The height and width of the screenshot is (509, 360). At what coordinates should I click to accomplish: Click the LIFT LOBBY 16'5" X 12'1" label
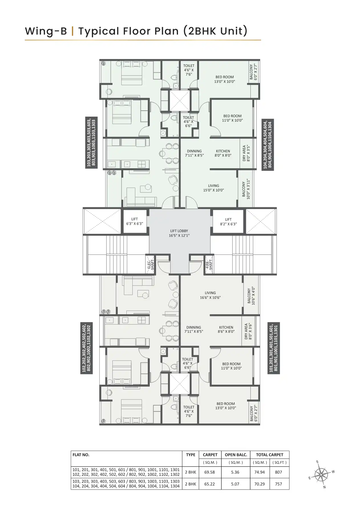179,233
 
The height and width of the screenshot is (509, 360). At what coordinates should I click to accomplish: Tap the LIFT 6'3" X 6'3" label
135,222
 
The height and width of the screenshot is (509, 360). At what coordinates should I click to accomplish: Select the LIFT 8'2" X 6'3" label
228,222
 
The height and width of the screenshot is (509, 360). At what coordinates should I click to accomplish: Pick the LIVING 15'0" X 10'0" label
213,188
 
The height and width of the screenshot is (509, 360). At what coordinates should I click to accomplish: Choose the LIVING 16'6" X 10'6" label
210,295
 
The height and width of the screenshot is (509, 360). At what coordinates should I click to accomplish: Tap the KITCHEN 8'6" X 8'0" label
226,329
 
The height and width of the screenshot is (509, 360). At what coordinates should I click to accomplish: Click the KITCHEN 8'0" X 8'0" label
223,153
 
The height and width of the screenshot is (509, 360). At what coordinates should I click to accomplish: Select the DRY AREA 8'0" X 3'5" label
246,153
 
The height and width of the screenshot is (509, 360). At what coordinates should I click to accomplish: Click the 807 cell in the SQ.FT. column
278,472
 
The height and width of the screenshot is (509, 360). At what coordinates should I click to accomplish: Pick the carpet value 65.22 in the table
209,484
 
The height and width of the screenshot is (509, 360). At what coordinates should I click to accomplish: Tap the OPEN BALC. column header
236,455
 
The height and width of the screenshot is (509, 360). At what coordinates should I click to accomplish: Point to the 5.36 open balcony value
235,472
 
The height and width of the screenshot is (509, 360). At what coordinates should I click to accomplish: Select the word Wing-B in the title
46,31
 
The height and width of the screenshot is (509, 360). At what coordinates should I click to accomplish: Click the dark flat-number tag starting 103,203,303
92,143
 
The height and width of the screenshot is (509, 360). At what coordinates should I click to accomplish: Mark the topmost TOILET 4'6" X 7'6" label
189,70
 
